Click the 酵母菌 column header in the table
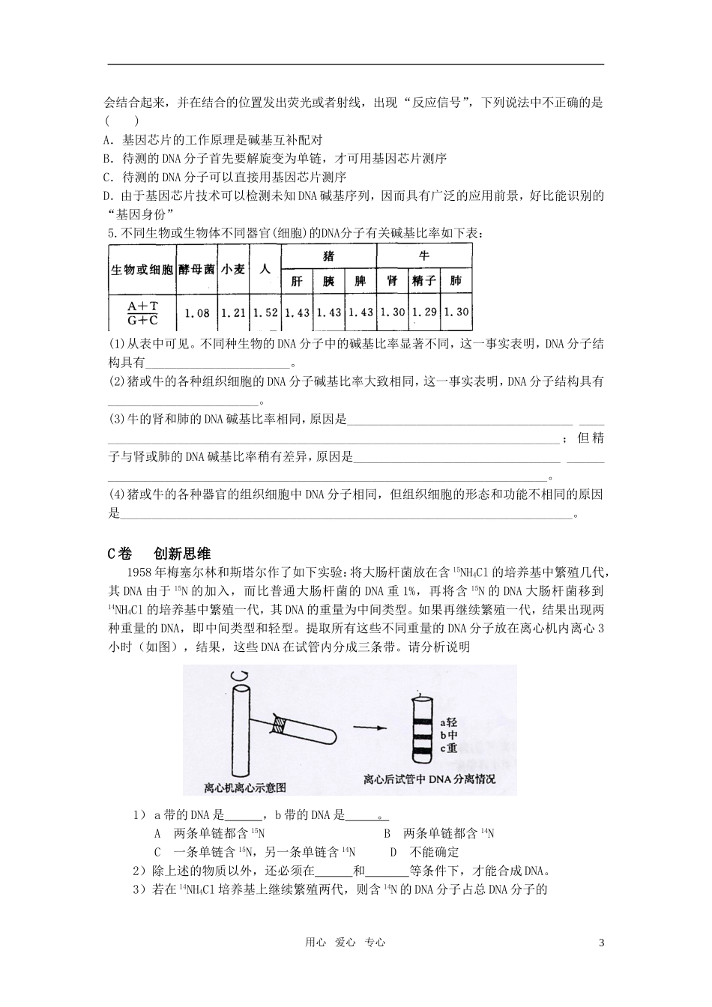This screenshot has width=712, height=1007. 197,269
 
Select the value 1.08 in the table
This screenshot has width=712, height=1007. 197,312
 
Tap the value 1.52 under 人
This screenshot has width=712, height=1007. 265,312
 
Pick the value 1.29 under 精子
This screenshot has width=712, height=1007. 424,312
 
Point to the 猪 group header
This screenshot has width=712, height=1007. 328,256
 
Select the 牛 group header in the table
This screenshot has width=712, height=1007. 424,256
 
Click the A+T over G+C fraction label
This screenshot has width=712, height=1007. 142,312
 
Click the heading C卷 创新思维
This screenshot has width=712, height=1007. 160,554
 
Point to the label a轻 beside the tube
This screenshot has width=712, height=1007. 449,722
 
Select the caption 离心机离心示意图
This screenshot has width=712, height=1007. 245,787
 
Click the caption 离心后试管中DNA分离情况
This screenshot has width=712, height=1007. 429,779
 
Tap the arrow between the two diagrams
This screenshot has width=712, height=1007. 372,728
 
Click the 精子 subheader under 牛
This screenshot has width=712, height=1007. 424,281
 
